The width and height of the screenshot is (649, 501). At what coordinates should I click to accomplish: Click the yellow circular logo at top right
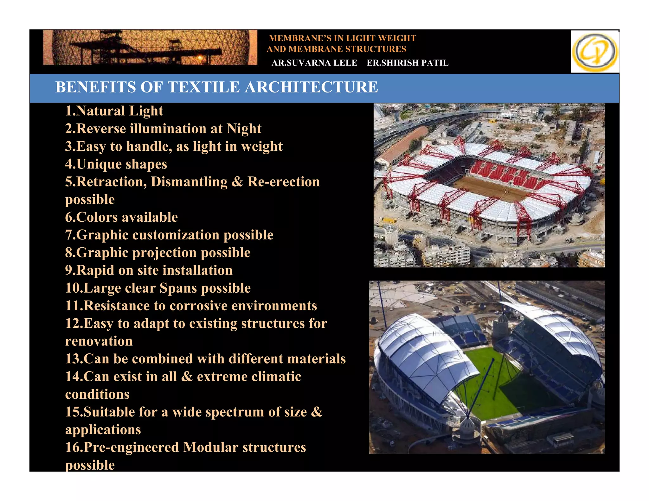(595, 52)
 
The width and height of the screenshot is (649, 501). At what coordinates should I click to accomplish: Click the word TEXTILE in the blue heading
(204, 87)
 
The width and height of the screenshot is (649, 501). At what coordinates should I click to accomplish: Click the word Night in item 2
(244, 129)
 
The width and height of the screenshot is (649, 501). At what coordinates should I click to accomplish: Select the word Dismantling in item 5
(189, 182)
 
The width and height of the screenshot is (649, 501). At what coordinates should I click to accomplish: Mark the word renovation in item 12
(99, 341)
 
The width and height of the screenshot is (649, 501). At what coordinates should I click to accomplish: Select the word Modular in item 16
(210, 447)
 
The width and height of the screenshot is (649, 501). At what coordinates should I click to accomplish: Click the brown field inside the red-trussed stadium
(494, 187)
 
